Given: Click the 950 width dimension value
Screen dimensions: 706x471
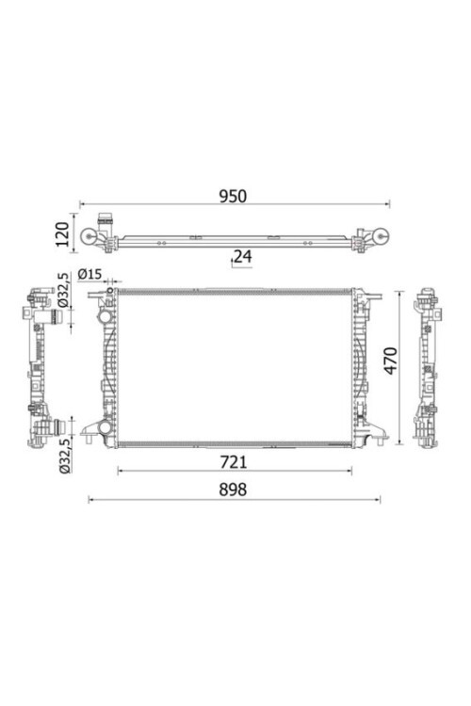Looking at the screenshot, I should tap(233, 196).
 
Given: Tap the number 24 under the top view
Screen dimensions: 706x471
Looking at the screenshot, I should tap(242, 254).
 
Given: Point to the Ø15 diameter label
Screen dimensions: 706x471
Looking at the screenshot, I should tap(90, 274).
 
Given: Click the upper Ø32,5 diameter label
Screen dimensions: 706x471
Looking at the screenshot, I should tap(64, 291).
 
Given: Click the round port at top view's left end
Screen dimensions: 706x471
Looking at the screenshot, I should tap(91, 239).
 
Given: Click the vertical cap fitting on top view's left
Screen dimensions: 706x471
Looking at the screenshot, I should tap(107, 224).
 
